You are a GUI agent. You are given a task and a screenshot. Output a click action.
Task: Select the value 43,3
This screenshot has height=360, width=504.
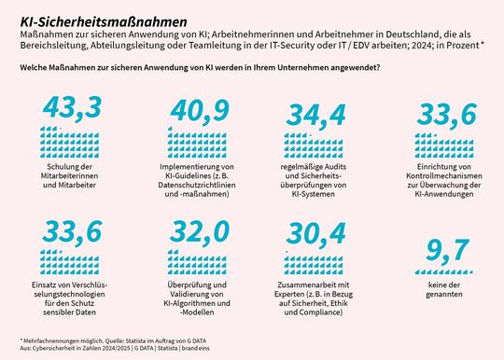point(70,108)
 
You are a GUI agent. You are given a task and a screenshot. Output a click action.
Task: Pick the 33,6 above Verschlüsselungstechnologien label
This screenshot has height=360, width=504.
point(70,230)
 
